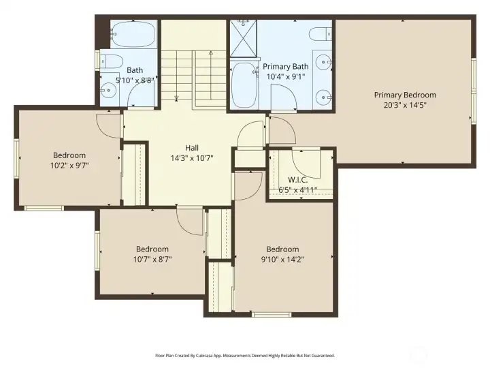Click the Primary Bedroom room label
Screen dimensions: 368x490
pyautogui.click(x=405, y=95)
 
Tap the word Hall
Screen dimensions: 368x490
pyautogui.click(x=192, y=147)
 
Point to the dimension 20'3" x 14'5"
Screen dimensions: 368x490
pyautogui.click(x=405, y=105)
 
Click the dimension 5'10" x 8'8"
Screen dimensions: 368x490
pyautogui.click(x=135, y=80)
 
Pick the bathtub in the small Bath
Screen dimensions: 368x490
pyautogui.click(x=133, y=33)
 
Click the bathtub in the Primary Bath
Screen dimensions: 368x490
pyautogui.click(x=242, y=85)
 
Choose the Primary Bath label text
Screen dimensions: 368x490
pyautogui.click(x=286, y=67)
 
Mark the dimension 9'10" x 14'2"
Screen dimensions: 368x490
pyautogui.click(x=282, y=259)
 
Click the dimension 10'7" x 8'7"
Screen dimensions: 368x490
pyautogui.click(x=152, y=259)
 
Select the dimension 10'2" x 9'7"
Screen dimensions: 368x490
pyautogui.click(x=69, y=165)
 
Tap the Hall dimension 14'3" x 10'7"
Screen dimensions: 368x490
pyautogui.click(x=192, y=157)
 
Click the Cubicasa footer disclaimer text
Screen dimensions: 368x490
pyautogui.click(x=244, y=355)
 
